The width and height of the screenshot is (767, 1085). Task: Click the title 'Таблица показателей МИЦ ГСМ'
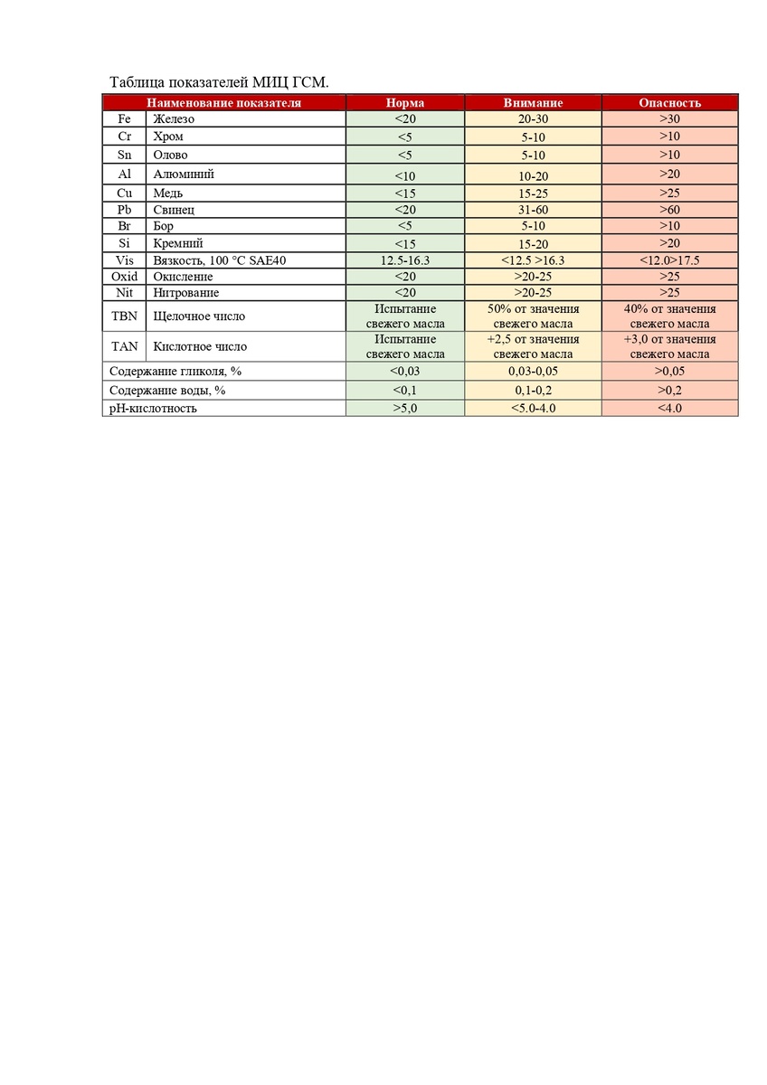click(x=219, y=82)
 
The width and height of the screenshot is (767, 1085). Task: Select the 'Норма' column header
click(x=404, y=102)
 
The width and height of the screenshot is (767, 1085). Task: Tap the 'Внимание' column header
click(x=533, y=102)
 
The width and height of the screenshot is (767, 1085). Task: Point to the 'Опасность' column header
click(x=669, y=102)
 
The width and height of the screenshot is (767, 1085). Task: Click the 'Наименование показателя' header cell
click(x=223, y=102)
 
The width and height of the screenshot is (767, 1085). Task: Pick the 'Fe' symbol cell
click(x=125, y=118)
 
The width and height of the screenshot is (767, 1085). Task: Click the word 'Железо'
click(x=174, y=118)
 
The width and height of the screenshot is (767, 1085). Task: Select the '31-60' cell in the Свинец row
click(x=533, y=210)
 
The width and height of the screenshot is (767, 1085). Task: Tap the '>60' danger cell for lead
click(x=669, y=210)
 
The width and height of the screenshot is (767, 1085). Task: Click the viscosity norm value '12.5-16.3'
click(x=404, y=259)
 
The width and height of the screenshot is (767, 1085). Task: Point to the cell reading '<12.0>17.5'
click(x=669, y=259)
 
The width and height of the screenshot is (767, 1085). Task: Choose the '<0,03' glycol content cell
click(x=404, y=371)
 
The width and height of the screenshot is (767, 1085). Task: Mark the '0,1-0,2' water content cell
click(x=533, y=390)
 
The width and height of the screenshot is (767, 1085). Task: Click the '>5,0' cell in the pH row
click(x=404, y=408)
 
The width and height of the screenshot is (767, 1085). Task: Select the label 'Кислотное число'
click(x=200, y=346)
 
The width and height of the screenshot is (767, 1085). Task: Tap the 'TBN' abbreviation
click(x=125, y=316)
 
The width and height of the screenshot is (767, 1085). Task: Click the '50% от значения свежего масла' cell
click(x=533, y=316)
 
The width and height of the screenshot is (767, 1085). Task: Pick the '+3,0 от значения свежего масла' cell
click(x=669, y=346)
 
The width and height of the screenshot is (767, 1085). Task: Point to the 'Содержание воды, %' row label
click(x=167, y=390)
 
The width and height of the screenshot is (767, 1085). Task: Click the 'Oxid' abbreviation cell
click(x=125, y=276)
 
